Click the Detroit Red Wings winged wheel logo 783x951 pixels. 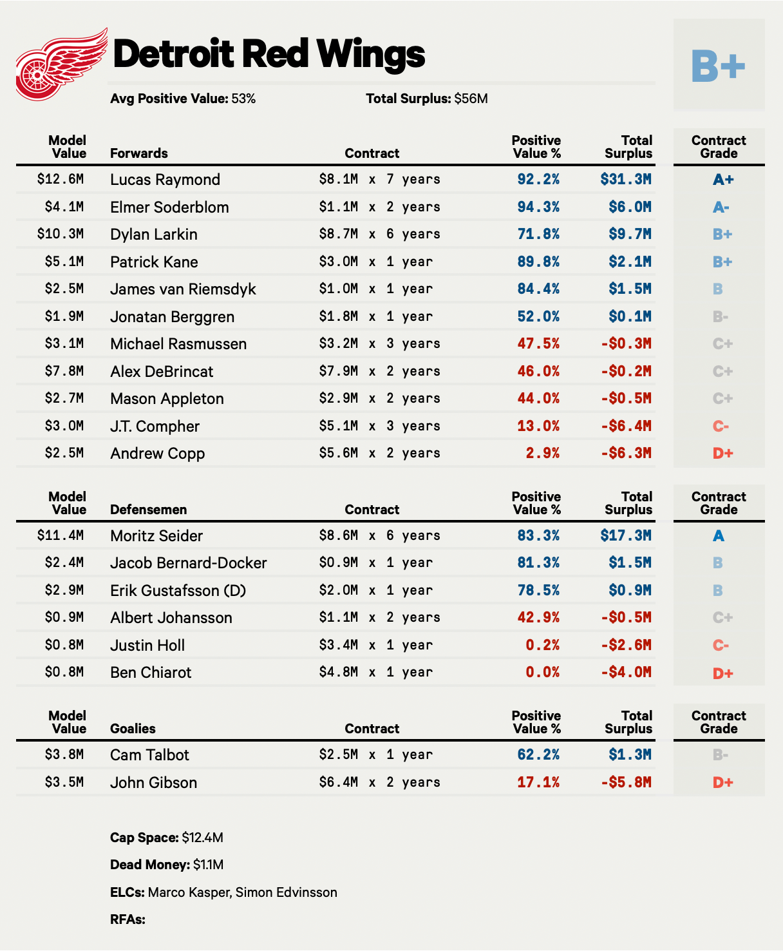[61, 64]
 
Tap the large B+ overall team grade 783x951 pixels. [718, 65]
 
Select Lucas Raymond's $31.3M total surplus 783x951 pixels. [625, 179]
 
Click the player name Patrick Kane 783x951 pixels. [154, 262]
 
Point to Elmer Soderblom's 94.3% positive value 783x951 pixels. [538, 207]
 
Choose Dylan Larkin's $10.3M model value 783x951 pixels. [61, 234]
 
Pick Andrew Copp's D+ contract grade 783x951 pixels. [722, 454]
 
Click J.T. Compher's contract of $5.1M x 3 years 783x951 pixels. [379, 426]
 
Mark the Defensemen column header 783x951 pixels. [148, 510]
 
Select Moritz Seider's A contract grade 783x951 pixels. [719, 536]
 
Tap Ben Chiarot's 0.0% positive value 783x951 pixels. [542, 673]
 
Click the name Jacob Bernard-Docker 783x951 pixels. [188, 563]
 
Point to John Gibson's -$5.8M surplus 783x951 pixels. [626, 782]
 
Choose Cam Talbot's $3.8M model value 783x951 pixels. [64, 754]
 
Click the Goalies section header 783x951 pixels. [133, 729]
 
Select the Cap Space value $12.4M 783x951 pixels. [202, 838]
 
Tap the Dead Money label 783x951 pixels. [150, 865]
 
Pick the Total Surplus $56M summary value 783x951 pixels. [471, 99]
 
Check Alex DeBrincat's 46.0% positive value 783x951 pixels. [538, 371]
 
